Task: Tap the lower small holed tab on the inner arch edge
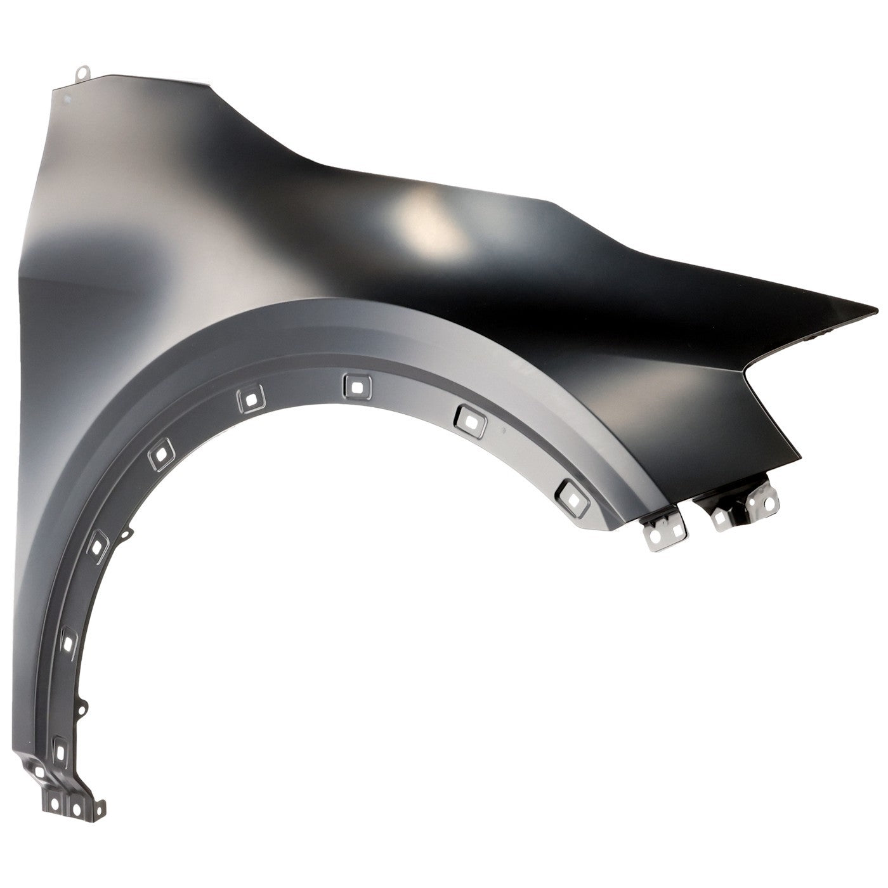tap(81, 705)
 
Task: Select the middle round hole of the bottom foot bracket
tap(76, 809)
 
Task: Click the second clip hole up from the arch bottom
tap(69, 643)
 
